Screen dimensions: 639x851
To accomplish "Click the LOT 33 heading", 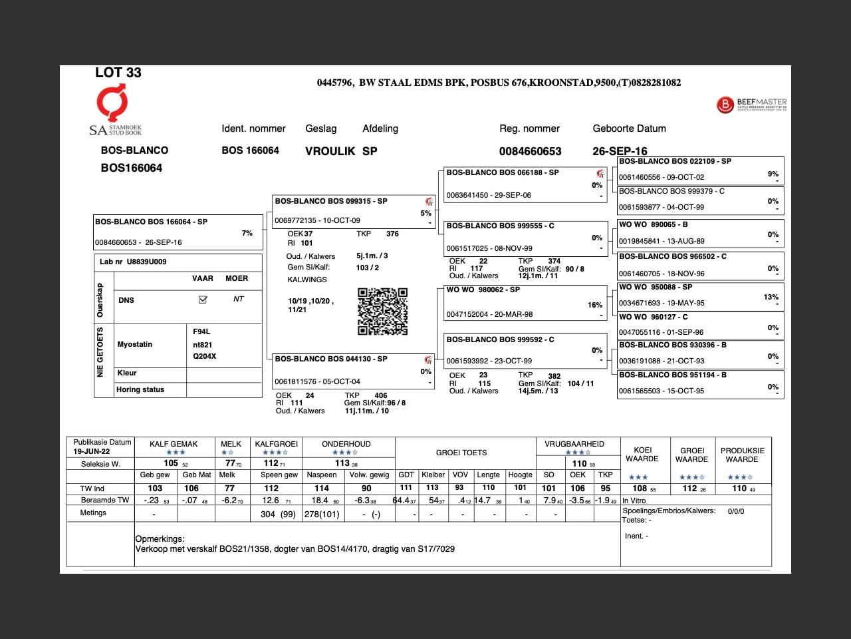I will [x=118, y=73].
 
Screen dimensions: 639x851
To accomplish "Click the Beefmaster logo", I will [x=752, y=105].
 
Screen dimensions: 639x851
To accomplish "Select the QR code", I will [x=382, y=312].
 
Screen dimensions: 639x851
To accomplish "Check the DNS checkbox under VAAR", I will [x=203, y=300].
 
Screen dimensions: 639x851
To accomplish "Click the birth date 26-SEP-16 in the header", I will [x=620, y=151].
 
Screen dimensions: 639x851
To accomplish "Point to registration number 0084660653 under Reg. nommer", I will [x=530, y=151].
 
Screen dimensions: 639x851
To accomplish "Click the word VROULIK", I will [x=330, y=151].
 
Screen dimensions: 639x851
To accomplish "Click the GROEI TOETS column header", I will [x=461, y=453].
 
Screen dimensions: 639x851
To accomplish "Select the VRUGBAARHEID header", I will [x=574, y=444].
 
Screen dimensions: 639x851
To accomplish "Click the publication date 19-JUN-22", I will [x=92, y=451].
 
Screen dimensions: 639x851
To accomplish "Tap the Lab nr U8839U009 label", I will [x=133, y=262].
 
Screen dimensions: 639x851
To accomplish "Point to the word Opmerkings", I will [x=160, y=538].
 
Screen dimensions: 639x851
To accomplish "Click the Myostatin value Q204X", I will [x=204, y=356].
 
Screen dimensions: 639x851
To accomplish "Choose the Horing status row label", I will [x=140, y=389].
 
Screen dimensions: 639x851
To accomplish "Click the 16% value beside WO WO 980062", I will [x=595, y=305].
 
